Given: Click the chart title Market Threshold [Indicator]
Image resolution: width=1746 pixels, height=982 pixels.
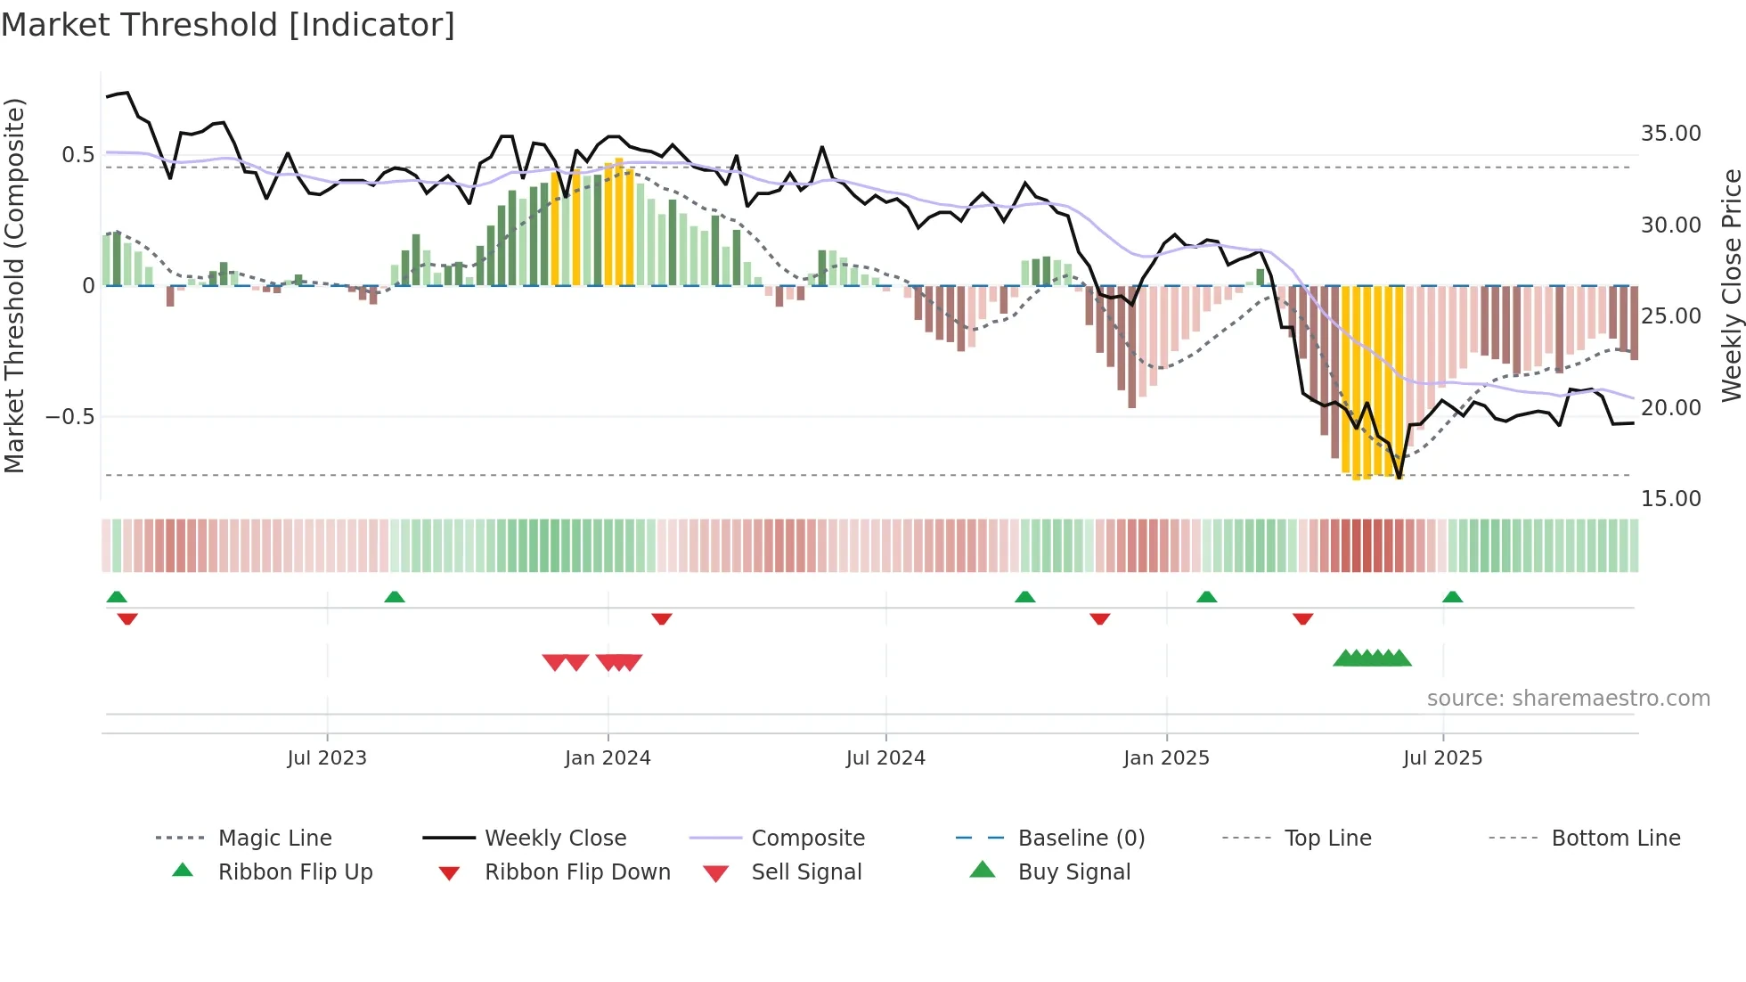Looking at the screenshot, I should [228, 25].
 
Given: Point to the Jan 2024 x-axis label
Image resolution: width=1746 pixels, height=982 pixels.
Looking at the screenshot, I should [608, 758].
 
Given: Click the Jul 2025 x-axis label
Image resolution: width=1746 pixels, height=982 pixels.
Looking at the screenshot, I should [1442, 758].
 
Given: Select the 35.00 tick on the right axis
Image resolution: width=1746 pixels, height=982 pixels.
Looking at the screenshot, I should [1670, 134].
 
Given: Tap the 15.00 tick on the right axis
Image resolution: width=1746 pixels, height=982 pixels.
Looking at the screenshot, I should [1670, 499].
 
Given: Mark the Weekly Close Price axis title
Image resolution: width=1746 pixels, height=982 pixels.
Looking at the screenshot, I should [1731, 285].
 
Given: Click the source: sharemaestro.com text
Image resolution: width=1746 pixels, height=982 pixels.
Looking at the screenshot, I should [1568, 699].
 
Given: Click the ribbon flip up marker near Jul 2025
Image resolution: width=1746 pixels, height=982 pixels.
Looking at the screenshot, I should [1452, 597].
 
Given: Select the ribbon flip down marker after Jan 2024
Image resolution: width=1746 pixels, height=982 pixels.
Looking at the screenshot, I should [661, 618].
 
